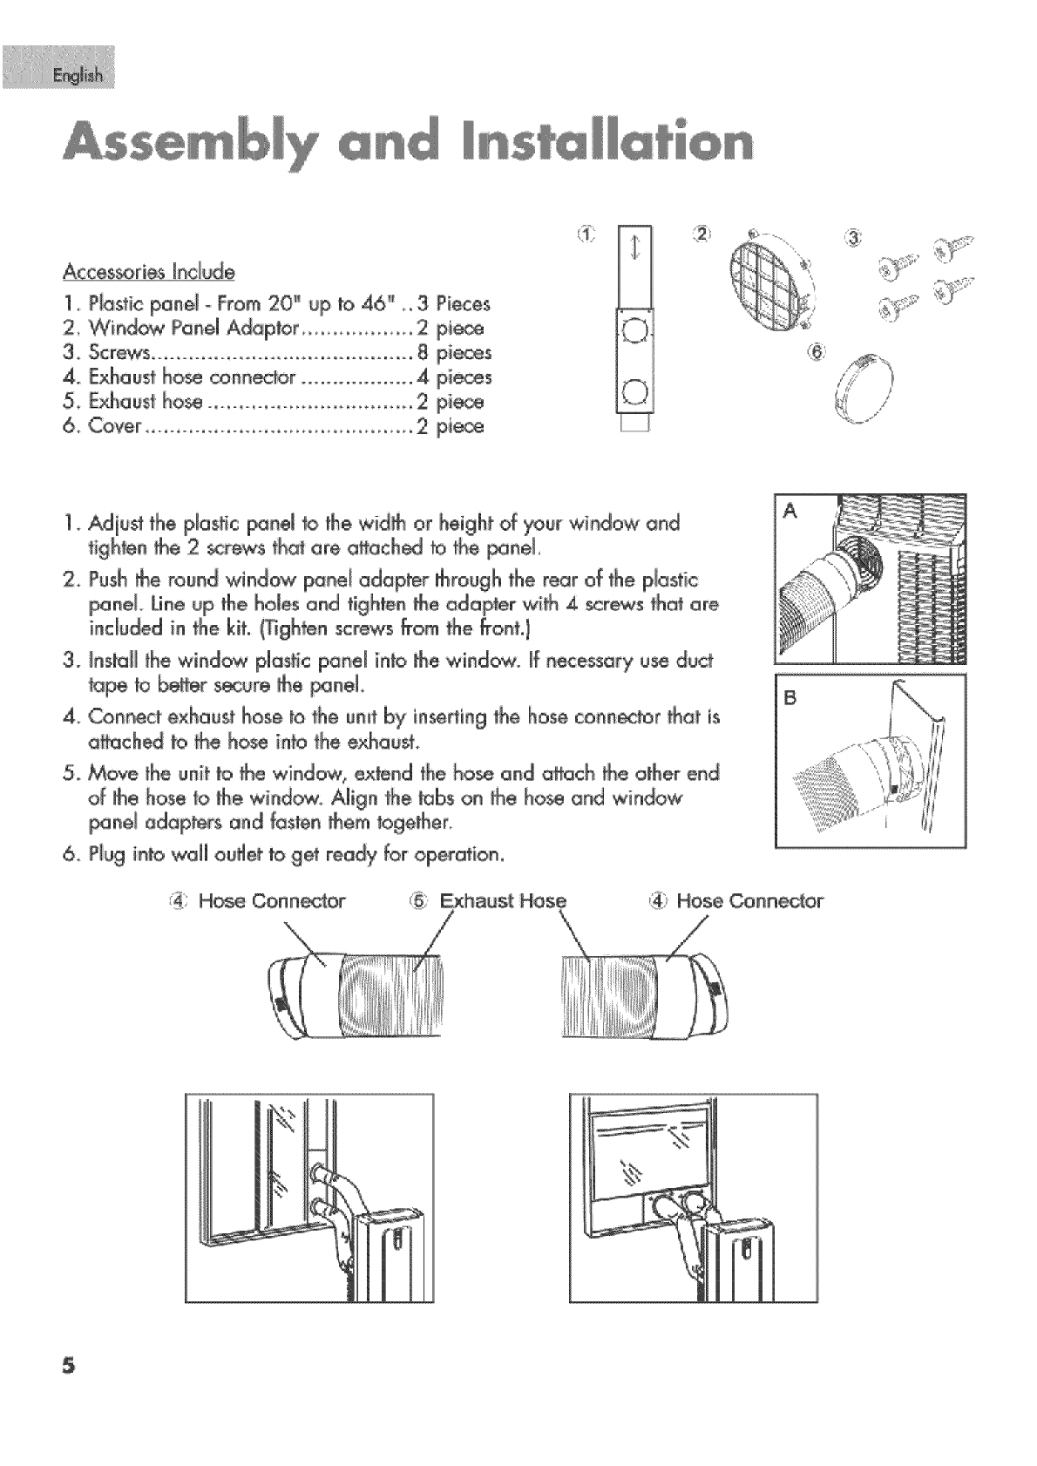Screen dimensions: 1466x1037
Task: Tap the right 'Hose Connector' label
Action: [749, 900]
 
